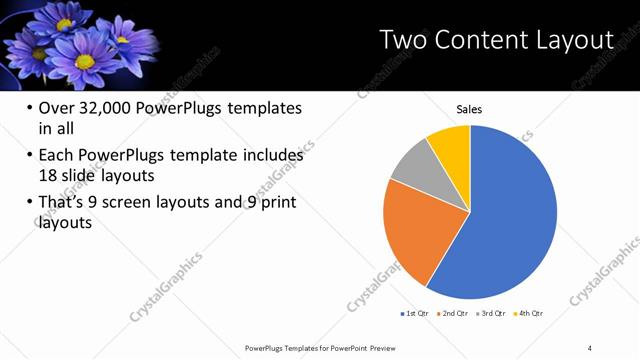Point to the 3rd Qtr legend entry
[x=490, y=313]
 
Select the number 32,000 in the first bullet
[x=108, y=108]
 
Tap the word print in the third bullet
[x=277, y=203]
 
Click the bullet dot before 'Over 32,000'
[x=28, y=108]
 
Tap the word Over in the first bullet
[x=55, y=108]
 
